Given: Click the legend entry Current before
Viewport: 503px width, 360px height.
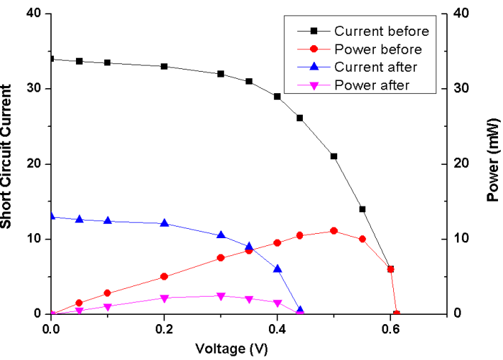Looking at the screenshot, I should coord(382,32).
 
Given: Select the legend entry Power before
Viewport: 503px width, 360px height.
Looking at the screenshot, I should coord(378,49).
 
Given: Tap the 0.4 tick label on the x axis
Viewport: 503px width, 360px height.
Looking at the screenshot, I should coord(277,328).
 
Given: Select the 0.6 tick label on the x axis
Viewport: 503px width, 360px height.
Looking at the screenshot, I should coord(390,328).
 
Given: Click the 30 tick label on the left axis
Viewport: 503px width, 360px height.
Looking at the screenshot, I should coord(34,89).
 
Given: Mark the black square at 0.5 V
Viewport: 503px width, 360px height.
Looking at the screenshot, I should coord(334,156).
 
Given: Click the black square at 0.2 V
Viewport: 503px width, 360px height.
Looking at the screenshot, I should coord(164,67).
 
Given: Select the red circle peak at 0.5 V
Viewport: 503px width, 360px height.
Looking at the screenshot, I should coord(334,231).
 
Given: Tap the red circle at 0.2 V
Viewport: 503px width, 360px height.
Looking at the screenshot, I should coord(164,276).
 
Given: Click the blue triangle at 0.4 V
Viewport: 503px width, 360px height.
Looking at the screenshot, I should coord(277,269).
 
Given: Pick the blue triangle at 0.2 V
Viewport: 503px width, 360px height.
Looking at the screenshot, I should coord(164,223).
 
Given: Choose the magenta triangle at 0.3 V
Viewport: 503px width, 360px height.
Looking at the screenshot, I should coord(221,296).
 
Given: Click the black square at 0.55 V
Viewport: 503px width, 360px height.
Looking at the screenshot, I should coord(362,209).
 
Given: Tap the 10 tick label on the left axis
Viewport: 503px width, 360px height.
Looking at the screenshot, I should coord(34,239).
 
